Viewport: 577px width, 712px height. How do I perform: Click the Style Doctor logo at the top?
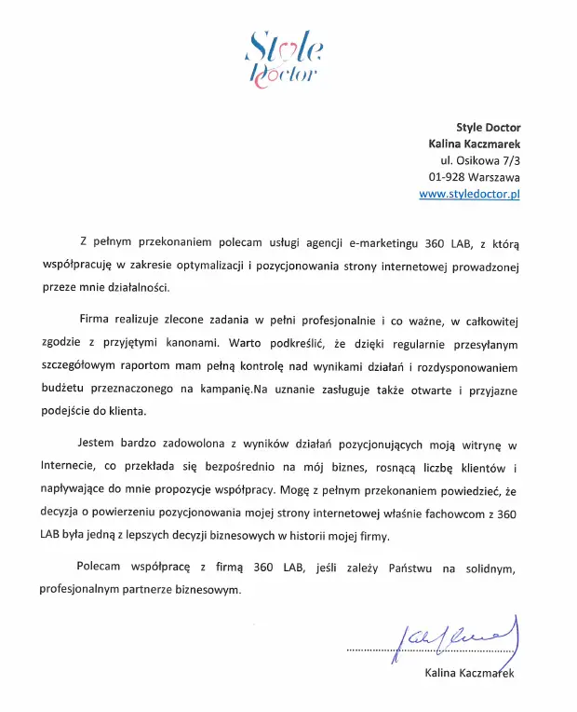(x=284, y=58)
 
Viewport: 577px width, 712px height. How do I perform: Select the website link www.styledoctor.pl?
(x=469, y=194)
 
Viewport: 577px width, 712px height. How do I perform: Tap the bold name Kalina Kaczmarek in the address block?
(x=474, y=144)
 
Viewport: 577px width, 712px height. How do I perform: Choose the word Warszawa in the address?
(x=492, y=177)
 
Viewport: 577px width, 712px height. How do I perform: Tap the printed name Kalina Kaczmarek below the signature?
(x=468, y=672)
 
